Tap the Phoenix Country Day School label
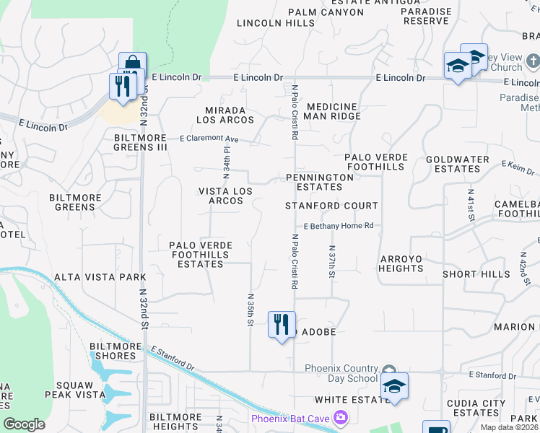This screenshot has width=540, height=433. [x=341, y=373]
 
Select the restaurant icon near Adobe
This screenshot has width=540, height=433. [x=282, y=324]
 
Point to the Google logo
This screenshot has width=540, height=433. [x=24, y=424]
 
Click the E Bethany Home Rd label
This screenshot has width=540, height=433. [x=338, y=226]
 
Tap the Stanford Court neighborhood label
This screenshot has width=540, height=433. [x=331, y=206]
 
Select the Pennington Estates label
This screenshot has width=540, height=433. [x=319, y=182]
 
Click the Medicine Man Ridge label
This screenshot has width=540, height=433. [x=331, y=110]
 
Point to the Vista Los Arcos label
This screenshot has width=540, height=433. [x=226, y=196]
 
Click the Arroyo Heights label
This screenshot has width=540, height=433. [x=401, y=263]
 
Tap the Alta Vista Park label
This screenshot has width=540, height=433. [x=100, y=277]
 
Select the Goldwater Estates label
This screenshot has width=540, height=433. [x=458, y=164]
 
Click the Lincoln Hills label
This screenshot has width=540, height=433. [x=270, y=23]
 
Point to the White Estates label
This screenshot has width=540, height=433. [x=352, y=400]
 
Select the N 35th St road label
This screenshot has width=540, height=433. [x=250, y=309]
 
